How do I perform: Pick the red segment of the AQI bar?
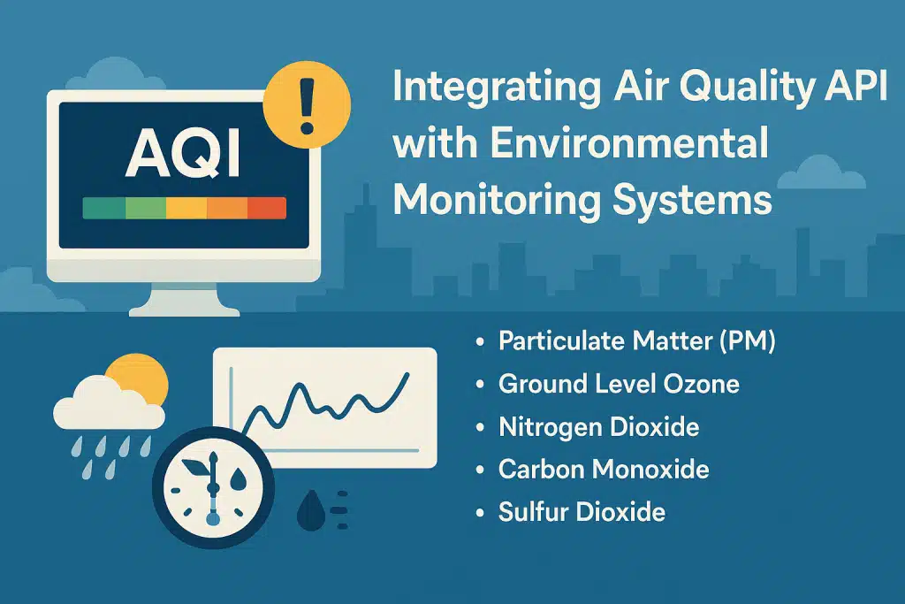coord(267,209)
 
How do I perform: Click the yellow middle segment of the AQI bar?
coord(186,209)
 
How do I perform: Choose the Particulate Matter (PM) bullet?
coord(636,341)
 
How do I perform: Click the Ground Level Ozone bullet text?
coord(619,384)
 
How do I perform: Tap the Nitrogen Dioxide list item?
coord(598,427)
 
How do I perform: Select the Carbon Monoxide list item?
coord(604,469)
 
